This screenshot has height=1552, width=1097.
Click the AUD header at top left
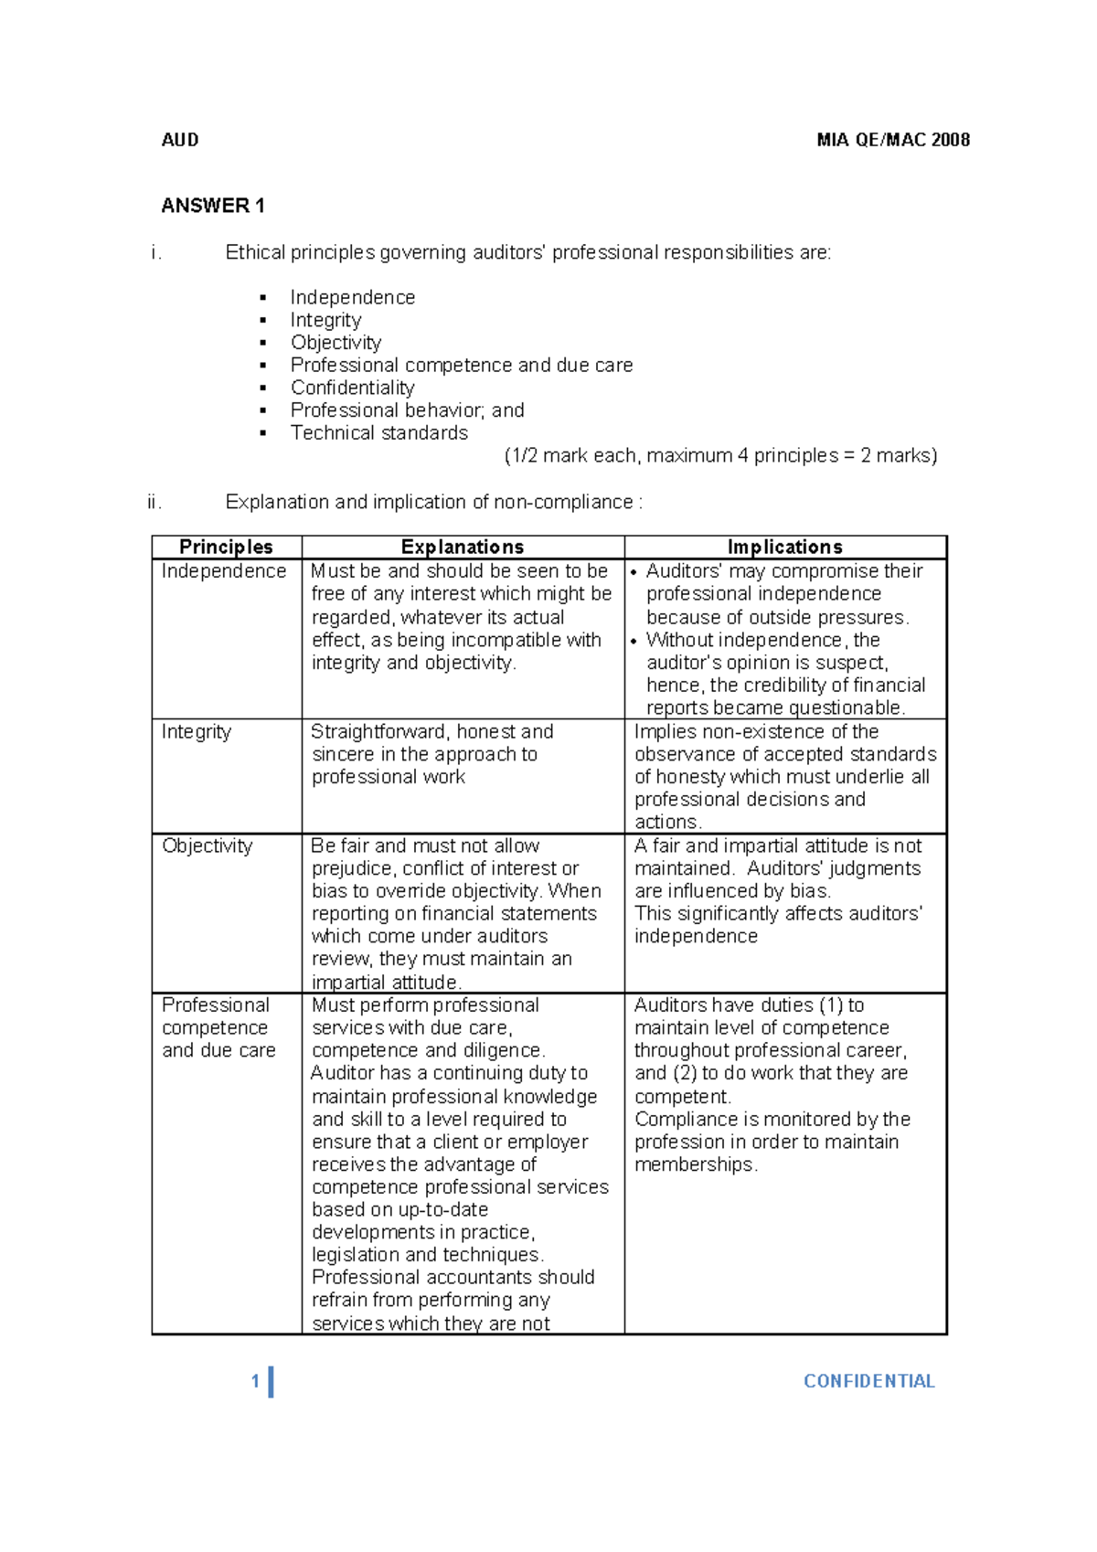click(180, 140)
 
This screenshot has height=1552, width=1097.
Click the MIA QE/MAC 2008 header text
click(893, 140)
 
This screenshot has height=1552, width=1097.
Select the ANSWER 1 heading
click(213, 206)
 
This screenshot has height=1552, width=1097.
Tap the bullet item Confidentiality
click(352, 388)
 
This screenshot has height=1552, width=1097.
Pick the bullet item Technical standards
click(378, 432)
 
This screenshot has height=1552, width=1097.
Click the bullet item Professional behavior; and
click(407, 410)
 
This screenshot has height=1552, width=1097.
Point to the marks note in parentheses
click(720, 455)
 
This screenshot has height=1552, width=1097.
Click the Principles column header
click(226, 547)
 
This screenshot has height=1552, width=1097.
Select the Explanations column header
click(463, 547)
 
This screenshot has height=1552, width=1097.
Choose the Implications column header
click(784, 547)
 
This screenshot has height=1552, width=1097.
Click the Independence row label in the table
click(224, 571)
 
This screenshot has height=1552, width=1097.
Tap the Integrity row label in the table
click(197, 731)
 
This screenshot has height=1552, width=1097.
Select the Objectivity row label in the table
click(208, 845)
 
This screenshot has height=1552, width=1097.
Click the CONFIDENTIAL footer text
click(868, 1381)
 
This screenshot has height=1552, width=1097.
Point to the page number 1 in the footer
click(256, 1381)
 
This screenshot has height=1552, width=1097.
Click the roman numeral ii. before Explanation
click(154, 502)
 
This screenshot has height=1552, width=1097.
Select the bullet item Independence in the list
click(352, 297)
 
